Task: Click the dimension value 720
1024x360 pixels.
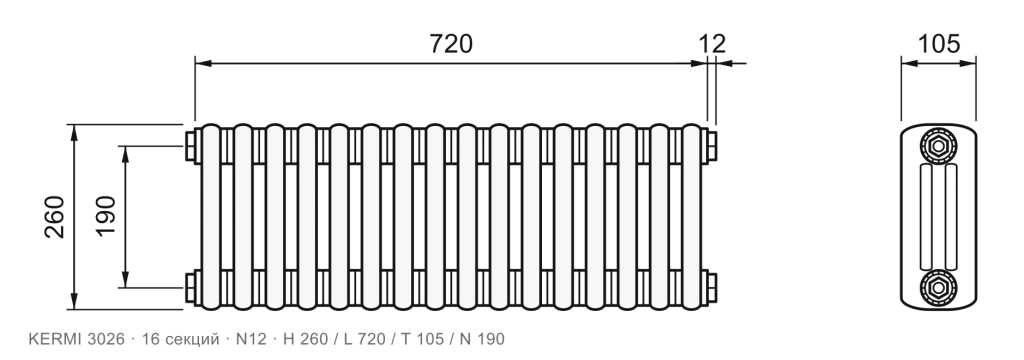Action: coord(451,44)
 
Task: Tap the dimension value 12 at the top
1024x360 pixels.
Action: coord(712,44)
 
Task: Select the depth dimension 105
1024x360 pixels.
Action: coord(939,44)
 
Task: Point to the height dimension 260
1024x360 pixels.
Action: coord(55,217)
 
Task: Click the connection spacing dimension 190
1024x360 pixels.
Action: coord(106,217)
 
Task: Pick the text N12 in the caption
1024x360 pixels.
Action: coord(251,339)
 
